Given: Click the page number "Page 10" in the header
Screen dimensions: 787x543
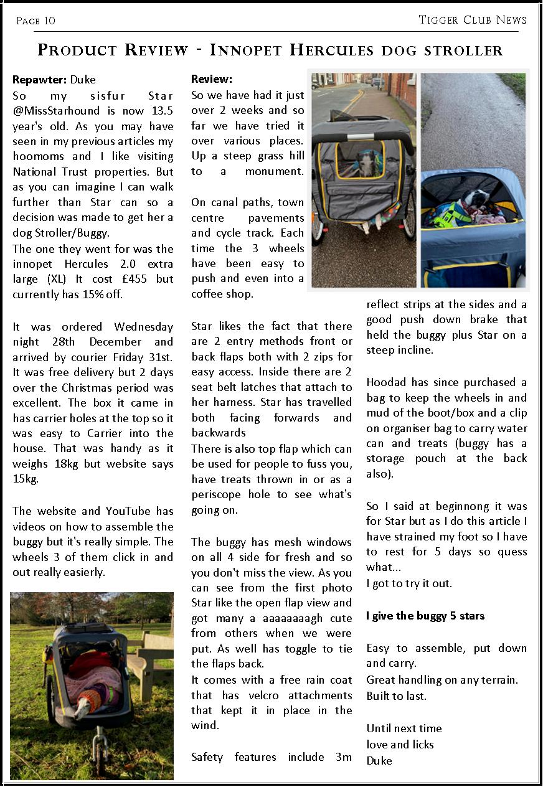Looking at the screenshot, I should (x=35, y=21).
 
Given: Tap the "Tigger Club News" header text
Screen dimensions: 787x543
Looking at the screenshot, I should (x=473, y=20).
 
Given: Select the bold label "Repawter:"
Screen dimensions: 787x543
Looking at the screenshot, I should (x=40, y=80).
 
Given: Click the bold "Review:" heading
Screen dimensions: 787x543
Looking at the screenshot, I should (x=212, y=79).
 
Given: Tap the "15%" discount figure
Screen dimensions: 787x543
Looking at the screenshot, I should (x=90, y=295).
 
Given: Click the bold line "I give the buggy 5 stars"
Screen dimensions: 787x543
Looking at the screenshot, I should (x=425, y=616).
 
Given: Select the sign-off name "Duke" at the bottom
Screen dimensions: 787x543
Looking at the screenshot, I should (x=379, y=760).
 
